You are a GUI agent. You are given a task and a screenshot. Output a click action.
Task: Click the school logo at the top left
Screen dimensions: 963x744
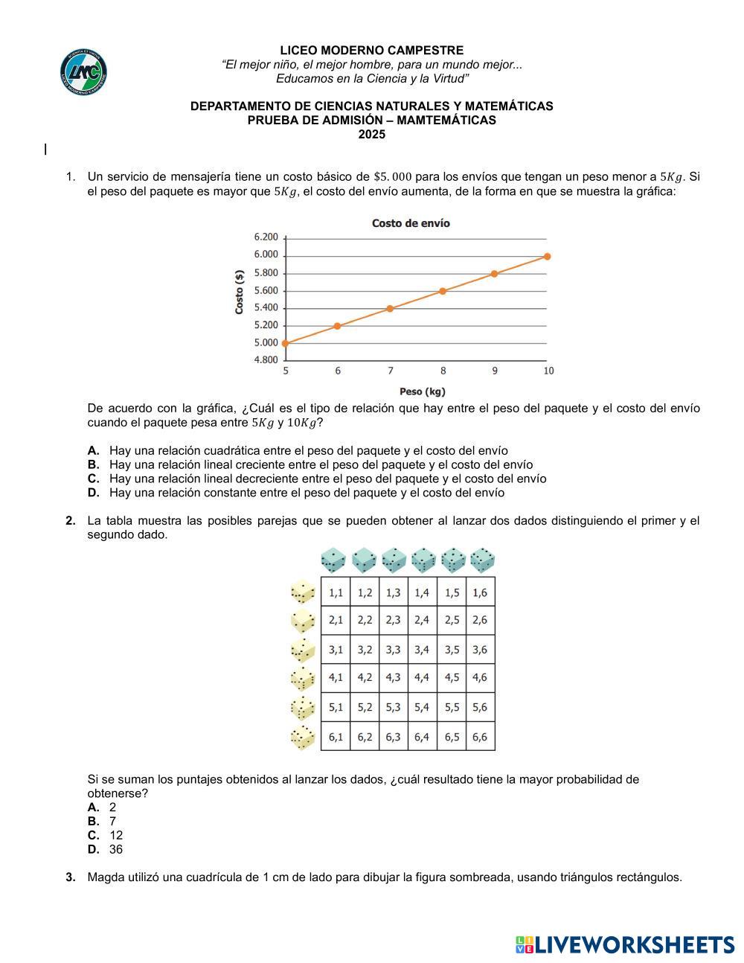83,72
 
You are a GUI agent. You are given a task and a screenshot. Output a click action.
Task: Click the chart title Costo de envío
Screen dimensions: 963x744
411,223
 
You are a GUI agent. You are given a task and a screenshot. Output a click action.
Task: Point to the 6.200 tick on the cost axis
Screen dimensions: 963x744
266,237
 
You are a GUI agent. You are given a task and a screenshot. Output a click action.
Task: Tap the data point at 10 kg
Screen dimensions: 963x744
548,256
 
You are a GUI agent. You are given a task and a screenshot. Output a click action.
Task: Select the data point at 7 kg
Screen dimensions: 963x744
390,308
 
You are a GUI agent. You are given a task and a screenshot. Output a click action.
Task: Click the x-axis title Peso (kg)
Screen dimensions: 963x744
422,391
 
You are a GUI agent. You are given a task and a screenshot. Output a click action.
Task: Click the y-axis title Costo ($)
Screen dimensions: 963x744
240,292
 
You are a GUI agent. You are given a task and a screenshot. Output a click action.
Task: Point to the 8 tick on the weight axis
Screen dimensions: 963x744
443,371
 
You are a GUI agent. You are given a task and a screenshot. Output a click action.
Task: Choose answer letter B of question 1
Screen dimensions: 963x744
93,465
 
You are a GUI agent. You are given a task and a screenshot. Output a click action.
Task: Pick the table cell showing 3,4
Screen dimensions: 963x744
422,650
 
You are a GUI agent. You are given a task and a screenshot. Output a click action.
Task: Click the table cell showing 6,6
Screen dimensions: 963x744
480,737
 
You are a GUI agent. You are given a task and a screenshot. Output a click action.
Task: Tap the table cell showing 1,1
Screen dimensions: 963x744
336,593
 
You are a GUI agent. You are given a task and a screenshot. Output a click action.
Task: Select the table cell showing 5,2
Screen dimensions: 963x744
365,708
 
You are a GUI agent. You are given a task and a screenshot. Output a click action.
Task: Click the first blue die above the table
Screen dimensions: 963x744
333,560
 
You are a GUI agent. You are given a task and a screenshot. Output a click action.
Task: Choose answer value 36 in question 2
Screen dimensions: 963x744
116,850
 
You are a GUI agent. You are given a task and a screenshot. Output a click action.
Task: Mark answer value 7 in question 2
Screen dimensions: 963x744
113,822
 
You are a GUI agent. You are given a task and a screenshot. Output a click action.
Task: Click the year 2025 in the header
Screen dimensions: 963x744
372,135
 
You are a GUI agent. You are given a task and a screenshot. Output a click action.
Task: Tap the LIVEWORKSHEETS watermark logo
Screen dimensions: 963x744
624,945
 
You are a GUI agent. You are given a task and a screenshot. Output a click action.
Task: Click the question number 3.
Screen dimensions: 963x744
71,877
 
